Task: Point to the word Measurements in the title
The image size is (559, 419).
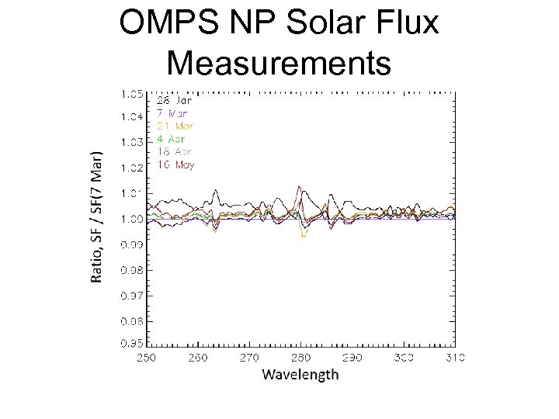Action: coord(279,62)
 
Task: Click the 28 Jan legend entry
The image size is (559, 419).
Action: coord(175,100)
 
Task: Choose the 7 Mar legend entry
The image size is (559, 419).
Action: coord(172,113)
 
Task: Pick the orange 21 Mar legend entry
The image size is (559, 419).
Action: coord(175,126)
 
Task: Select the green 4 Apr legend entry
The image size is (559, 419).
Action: coord(173,139)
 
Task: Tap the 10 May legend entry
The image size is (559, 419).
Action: coord(175,164)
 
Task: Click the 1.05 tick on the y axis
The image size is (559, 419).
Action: coord(130,94)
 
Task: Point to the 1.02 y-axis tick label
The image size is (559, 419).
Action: coord(130,168)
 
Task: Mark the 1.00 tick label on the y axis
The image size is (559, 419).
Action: coord(130,219)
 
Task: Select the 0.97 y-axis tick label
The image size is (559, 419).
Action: coord(130,296)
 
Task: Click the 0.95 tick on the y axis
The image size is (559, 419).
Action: coord(130,342)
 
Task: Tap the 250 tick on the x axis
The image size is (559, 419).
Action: coord(147,357)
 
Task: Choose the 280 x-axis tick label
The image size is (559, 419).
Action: coord(301,357)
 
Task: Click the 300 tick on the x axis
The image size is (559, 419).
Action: coord(404,357)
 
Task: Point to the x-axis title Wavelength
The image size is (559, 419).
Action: coord(300,375)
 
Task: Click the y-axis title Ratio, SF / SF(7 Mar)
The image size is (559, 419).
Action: coord(96,216)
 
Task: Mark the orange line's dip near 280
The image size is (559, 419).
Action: coord(304,237)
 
